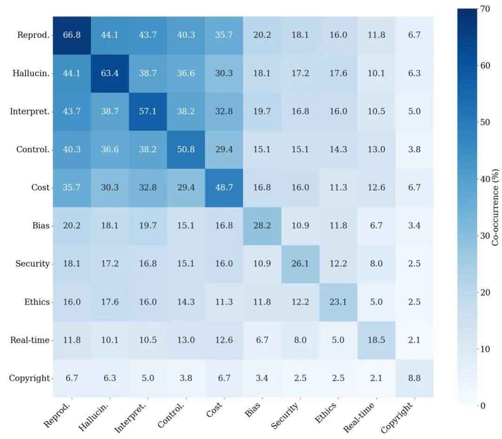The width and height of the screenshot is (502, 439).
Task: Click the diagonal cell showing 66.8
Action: (72, 35)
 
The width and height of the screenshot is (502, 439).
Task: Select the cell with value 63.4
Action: (110, 74)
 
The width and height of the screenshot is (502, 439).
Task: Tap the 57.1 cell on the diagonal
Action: (148, 112)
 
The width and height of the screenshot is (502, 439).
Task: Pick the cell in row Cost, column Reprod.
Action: (72, 188)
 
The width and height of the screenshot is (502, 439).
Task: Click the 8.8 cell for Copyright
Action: (414, 378)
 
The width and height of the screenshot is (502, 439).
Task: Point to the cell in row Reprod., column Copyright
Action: (414, 35)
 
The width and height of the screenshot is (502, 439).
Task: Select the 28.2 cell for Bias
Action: (262, 226)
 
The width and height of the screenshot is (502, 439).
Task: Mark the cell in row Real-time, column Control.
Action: (185, 340)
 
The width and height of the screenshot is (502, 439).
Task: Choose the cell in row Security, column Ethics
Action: (338, 263)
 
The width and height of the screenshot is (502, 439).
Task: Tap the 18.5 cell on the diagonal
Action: (376, 340)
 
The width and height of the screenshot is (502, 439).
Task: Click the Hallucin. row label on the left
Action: (32, 74)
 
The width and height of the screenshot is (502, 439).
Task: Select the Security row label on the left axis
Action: (33, 263)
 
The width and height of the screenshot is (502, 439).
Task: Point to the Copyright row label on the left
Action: (29, 378)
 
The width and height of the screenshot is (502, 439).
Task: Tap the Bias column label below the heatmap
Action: (254, 409)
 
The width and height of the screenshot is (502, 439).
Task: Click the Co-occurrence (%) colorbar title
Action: (495, 207)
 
